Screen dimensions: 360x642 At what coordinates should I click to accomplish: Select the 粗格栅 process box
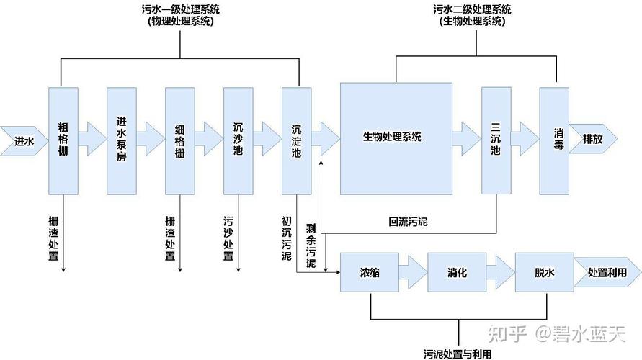click(x=63, y=140)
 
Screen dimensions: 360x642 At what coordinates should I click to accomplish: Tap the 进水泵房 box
click(x=121, y=140)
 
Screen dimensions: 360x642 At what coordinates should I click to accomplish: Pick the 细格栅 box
click(x=179, y=140)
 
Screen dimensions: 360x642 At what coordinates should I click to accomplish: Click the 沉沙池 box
click(x=238, y=140)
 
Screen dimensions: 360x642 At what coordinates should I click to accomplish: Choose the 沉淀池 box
click(x=296, y=140)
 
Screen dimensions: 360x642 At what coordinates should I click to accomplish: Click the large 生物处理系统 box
click(x=396, y=138)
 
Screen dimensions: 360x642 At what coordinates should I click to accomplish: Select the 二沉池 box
click(x=496, y=140)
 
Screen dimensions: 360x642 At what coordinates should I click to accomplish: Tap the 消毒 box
click(x=554, y=140)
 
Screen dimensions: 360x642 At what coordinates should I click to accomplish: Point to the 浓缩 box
click(x=370, y=273)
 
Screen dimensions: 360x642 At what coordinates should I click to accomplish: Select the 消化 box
click(x=457, y=273)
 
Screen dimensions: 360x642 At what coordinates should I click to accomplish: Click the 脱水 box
click(x=544, y=273)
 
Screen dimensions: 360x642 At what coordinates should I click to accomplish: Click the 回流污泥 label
click(x=408, y=221)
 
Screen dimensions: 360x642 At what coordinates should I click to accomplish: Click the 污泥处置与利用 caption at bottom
click(x=458, y=354)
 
